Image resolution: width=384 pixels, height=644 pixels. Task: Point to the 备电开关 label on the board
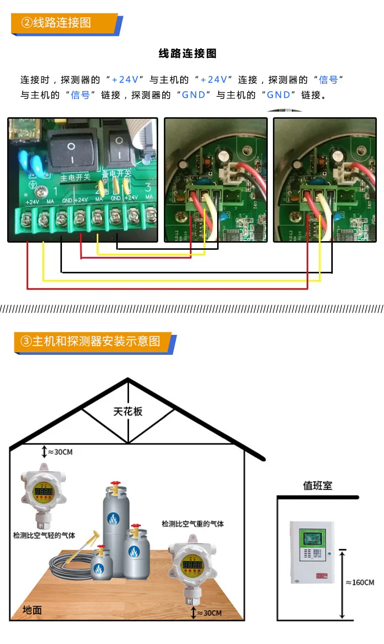[116, 174]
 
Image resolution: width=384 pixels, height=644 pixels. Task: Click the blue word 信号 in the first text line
[328, 79]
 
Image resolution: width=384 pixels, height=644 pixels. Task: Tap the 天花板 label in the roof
[128, 412]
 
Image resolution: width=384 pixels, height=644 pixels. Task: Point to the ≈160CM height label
[360, 583]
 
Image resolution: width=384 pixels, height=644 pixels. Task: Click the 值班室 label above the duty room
[317, 485]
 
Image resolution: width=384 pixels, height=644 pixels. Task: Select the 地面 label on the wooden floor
[32, 610]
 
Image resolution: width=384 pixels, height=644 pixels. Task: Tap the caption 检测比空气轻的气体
[44, 535]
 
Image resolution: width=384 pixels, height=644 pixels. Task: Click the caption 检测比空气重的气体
[193, 524]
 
